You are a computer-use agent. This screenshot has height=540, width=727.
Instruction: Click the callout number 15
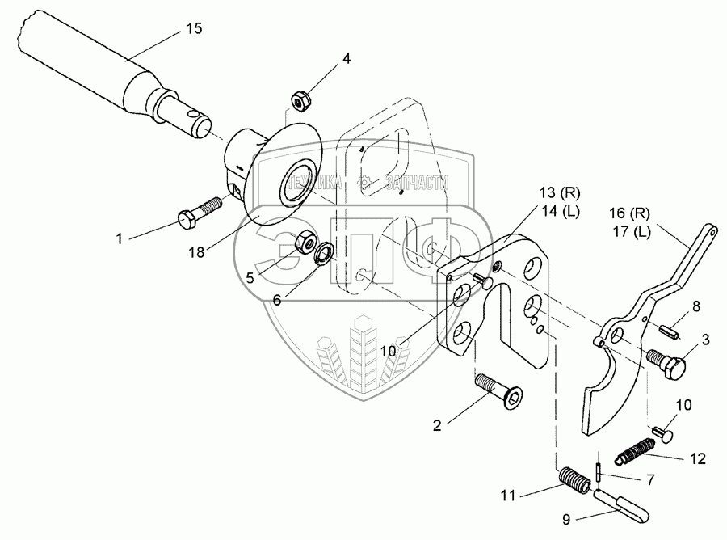(194, 28)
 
